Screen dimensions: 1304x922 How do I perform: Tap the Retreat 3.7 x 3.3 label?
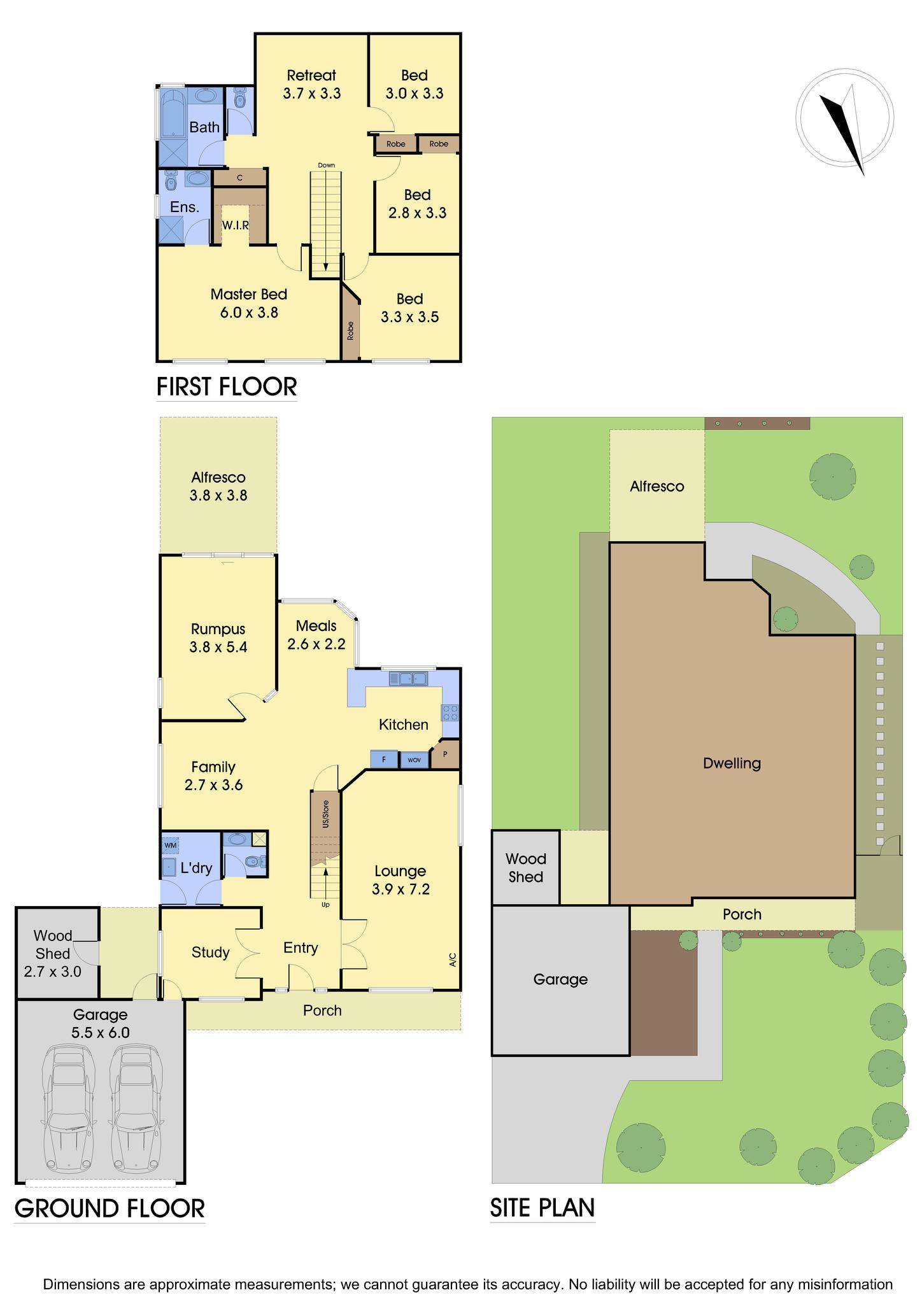(311, 84)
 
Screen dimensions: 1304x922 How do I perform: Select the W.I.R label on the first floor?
(234, 225)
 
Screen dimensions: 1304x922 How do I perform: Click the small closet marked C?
(239, 178)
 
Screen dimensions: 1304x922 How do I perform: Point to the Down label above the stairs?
(326, 166)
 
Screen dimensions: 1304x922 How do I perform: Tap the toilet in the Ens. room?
(170, 182)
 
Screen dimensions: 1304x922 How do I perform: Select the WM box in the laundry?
(170, 845)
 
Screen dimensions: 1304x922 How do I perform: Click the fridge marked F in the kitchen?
(384, 760)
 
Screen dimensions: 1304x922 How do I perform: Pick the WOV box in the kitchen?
(414, 760)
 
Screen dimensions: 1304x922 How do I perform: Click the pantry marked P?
(446, 755)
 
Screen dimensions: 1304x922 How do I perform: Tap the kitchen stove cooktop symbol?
(451, 712)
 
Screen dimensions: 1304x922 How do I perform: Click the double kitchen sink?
(408, 678)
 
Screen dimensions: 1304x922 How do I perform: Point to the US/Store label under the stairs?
(325, 814)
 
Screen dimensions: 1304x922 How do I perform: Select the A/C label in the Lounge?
(453, 960)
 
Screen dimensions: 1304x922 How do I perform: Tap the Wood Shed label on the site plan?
(526, 868)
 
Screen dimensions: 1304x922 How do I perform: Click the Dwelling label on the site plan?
(732, 763)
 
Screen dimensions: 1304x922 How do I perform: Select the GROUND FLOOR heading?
(110, 1208)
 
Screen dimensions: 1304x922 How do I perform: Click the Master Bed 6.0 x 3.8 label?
(249, 303)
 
